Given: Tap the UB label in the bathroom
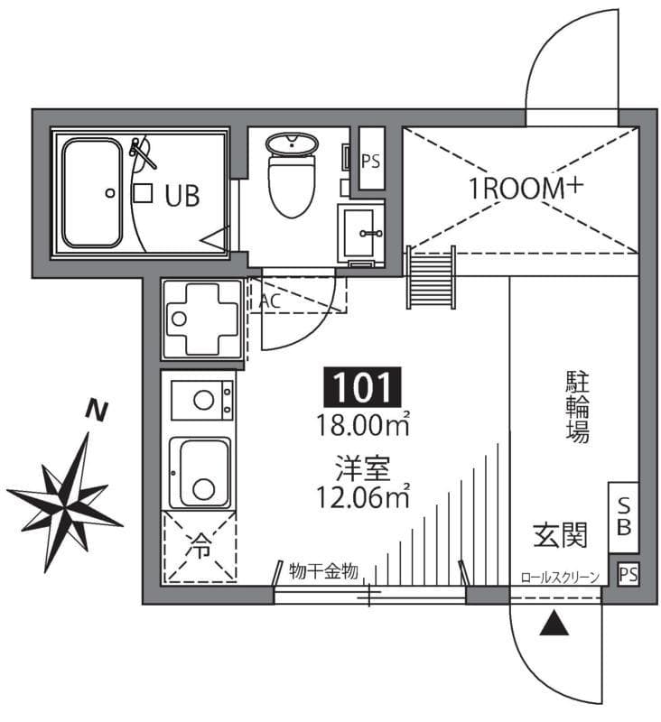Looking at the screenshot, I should point(182,195).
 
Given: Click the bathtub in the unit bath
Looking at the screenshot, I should point(91,193).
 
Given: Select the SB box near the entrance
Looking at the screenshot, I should point(623,518).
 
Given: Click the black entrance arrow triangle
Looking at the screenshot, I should point(553,624).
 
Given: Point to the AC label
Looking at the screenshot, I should point(269,301).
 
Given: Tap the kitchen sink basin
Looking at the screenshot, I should point(203,473).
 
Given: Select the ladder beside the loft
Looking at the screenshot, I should point(431,278).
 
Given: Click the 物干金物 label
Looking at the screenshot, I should point(324,570).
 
